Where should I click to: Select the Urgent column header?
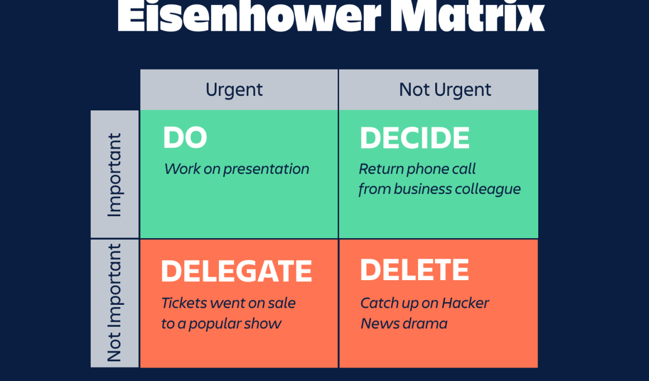click(x=234, y=90)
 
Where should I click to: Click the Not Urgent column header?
click(x=445, y=90)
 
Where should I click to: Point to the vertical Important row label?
click(x=115, y=175)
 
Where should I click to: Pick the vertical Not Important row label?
click(x=114, y=303)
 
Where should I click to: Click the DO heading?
click(x=185, y=137)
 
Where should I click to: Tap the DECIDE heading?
click(x=415, y=138)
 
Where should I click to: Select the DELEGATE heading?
click(x=236, y=271)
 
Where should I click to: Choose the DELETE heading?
click(x=415, y=270)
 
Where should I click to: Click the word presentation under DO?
click(x=266, y=169)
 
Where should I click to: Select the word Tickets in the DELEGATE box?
click(x=184, y=303)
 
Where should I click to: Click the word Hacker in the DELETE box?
click(x=465, y=303)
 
